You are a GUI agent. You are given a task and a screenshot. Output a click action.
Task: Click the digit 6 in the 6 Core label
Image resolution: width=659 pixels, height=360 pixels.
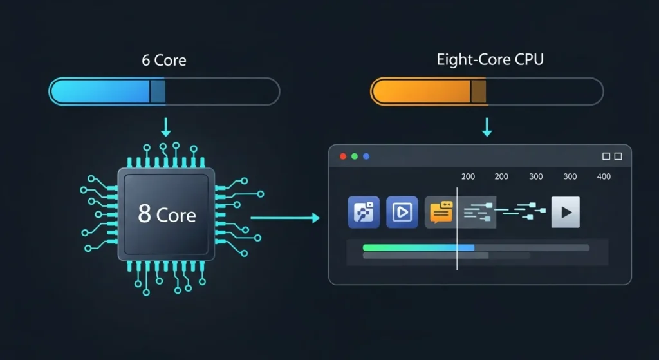point(146,61)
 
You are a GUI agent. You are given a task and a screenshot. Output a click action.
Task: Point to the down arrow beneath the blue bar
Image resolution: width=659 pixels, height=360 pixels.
point(166,127)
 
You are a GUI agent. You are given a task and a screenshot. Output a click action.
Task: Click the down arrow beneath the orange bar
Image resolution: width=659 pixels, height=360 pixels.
point(487,127)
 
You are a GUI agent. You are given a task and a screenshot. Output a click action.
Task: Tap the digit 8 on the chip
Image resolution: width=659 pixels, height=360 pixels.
point(145,214)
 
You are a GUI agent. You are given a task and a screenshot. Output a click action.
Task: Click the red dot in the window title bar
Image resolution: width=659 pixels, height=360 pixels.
point(343,156)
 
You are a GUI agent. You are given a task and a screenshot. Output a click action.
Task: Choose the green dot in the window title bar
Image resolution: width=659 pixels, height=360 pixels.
point(355,156)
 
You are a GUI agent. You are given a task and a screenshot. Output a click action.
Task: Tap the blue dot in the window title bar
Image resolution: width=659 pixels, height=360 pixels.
point(366,156)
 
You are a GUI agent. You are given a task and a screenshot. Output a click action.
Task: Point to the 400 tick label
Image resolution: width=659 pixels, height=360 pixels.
point(604,176)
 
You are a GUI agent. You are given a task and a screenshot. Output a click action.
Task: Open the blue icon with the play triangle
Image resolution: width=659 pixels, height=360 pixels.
point(402,213)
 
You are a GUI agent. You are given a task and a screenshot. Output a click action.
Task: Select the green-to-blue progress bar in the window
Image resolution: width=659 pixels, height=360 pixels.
point(418,247)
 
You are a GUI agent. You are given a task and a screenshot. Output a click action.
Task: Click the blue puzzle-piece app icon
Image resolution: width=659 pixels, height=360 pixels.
point(364,213)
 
